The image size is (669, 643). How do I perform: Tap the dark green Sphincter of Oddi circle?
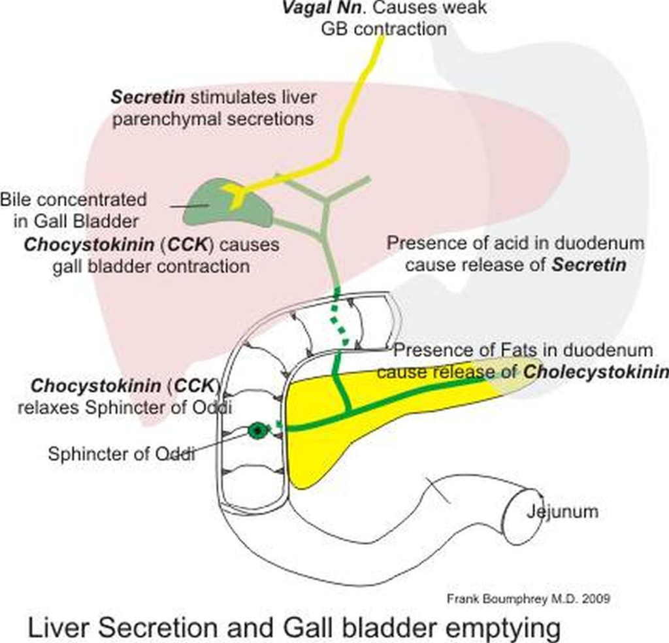click(x=258, y=430)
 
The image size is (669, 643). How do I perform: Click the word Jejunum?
click(x=562, y=511)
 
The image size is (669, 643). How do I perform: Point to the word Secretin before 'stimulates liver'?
click(x=148, y=98)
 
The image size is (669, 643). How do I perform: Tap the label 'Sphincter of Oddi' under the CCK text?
click(x=122, y=453)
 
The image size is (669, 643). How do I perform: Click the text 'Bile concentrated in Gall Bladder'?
click(x=73, y=208)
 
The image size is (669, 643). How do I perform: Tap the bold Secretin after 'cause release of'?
click(x=588, y=265)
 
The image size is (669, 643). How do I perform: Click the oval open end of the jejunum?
click(x=523, y=516)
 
